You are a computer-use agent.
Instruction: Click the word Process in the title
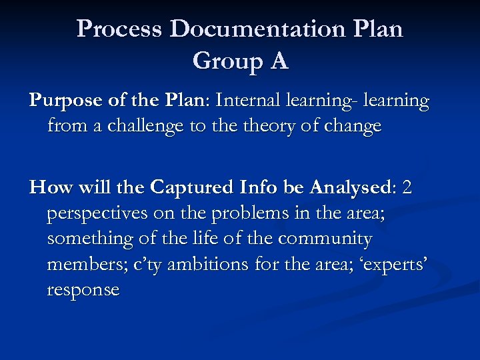[x=120, y=29]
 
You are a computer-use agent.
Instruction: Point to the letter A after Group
[x=279, y=61]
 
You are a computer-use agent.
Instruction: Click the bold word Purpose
[x=61, y=101]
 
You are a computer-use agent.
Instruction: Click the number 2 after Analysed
[x=407, y=188]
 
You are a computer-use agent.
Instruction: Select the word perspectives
[x=97, y=213]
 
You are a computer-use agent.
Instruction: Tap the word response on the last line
[x=83, y=290]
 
